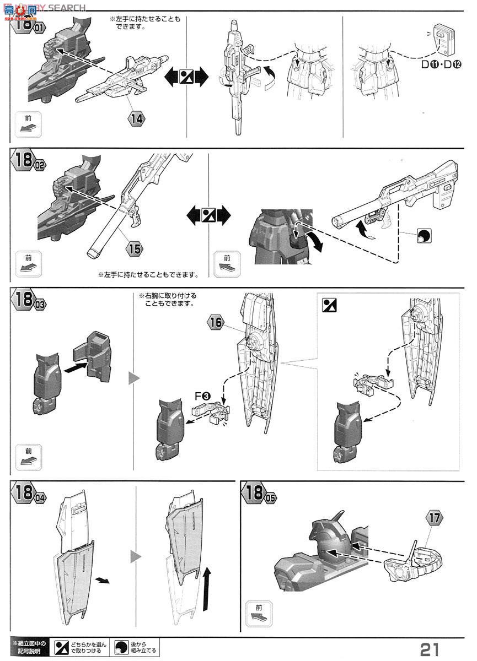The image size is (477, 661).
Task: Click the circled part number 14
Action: [137, 117]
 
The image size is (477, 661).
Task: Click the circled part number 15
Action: [133, 248]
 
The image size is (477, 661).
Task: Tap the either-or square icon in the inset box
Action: [329, 305]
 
